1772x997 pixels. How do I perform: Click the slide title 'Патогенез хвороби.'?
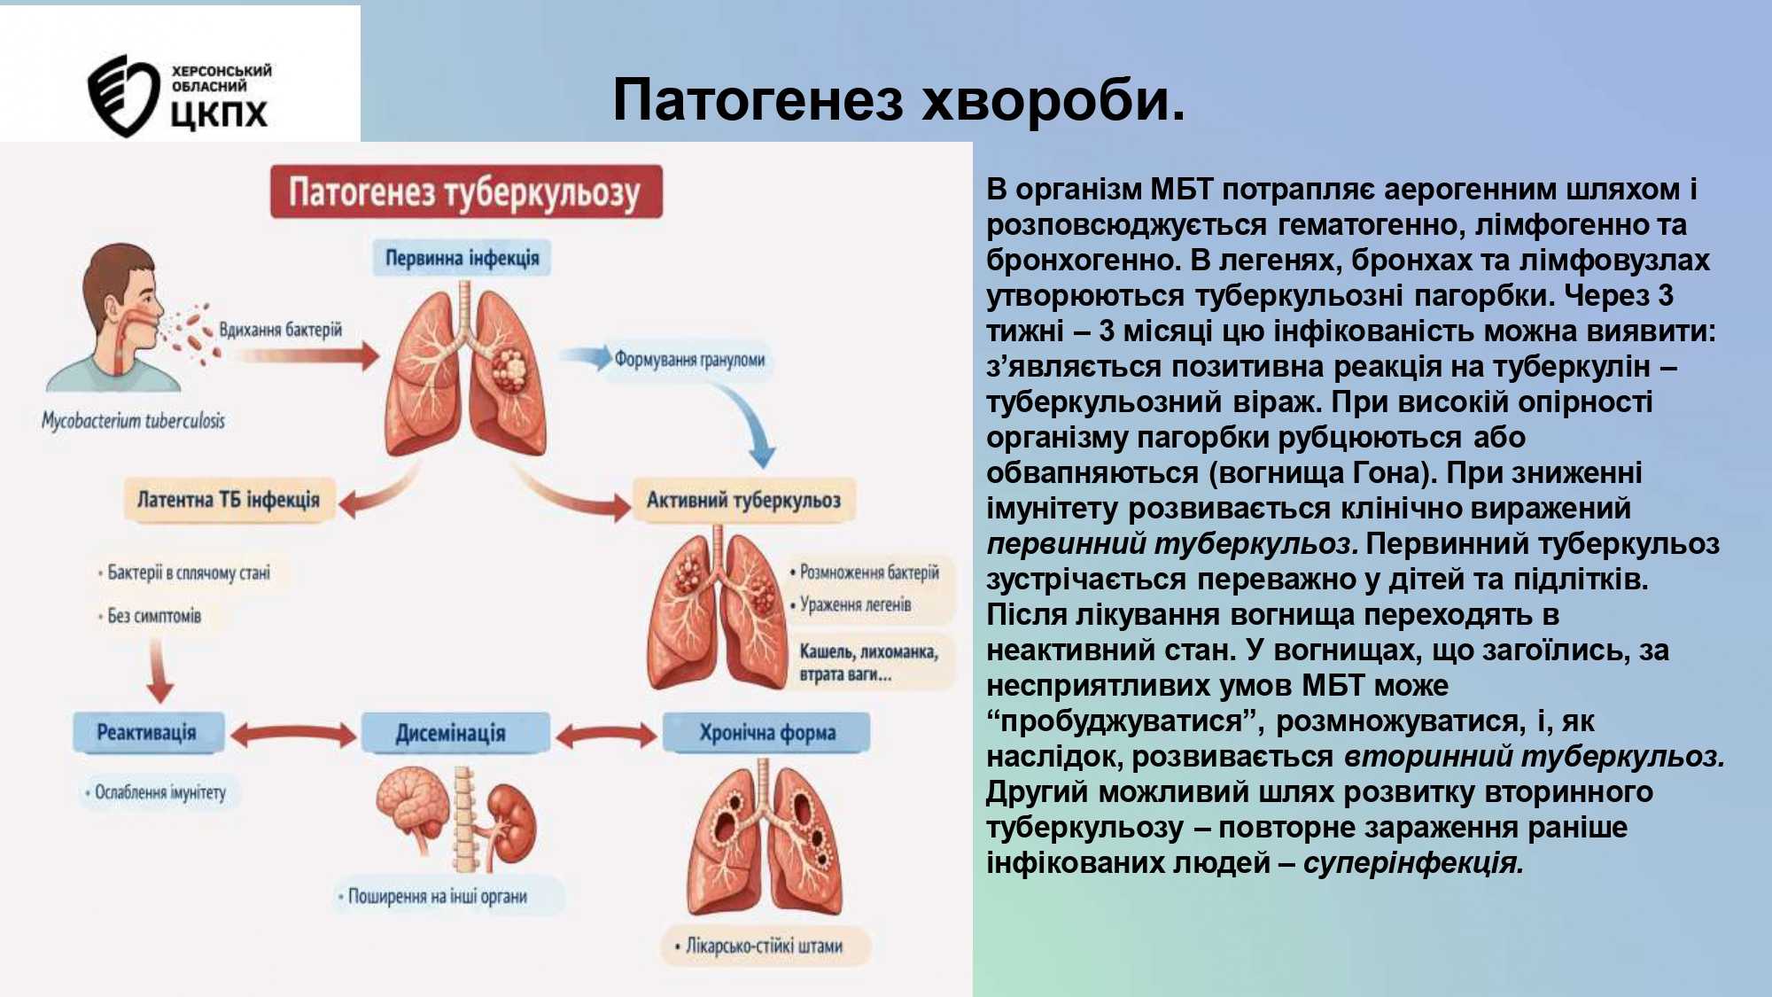[x=898, y=99]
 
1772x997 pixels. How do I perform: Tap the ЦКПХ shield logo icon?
[x=122, y=96]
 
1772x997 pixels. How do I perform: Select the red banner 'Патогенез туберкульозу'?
[x=466, y=191]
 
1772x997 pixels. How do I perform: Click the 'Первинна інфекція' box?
[x=462, y=258]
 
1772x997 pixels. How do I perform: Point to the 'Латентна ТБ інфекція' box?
[x=228, y=500]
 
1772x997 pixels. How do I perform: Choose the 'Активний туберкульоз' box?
[x=743, y=500]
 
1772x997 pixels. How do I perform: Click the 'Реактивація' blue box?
[x=147, y=733]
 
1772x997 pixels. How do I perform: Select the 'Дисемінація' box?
[x=451, y=733]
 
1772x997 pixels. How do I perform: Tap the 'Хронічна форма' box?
[x=767, y=733]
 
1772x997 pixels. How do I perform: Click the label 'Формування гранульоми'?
[x=689, y=360]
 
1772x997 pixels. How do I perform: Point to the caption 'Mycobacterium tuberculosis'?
[x=133, y=420]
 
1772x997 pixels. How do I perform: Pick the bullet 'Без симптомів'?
[x=151, y=616]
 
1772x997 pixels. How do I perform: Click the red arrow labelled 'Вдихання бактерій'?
[x=306, y=356]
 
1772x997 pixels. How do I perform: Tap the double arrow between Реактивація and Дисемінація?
[x=293, y=734]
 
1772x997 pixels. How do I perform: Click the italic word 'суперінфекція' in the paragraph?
[x=1414, y=862]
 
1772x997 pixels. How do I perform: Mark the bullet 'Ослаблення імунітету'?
[x=156, y=792]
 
